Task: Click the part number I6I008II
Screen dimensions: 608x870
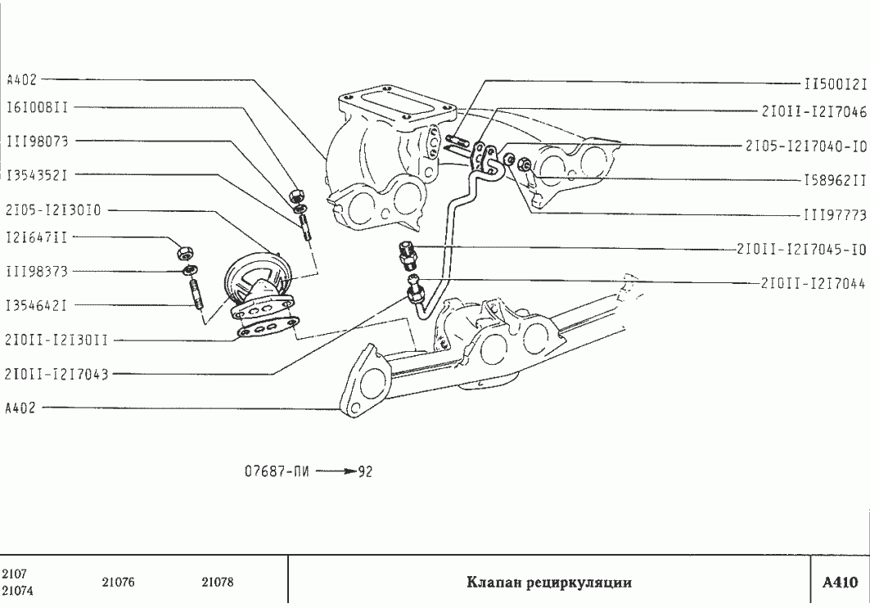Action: (37, 107)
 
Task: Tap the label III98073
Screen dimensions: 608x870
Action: (37, 141)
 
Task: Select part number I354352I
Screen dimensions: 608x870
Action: (37, 175)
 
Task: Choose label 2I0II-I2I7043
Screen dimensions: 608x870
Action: (56, 374)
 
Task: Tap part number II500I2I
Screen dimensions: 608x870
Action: (834, 83)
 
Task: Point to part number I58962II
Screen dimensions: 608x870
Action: (834, 179)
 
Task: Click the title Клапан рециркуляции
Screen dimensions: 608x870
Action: (549, 583)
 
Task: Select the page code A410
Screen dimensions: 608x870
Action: (840, 583)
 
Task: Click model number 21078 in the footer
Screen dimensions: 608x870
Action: (218, 583)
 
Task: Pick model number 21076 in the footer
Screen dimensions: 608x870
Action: (119, 583)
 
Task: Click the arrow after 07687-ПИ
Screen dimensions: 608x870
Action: (336, 472)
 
